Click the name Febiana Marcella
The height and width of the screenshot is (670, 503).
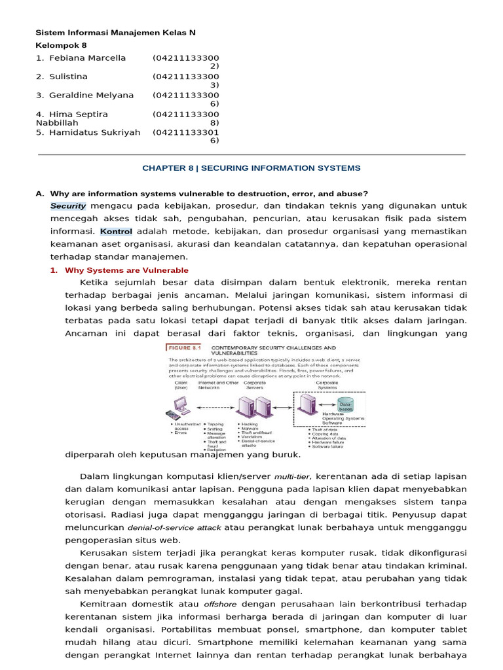[x=87, y=58]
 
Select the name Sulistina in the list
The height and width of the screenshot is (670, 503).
[x=68, y=77]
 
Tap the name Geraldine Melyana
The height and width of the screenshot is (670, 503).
[x=91, y=95]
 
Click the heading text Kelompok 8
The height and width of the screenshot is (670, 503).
[x=60, y=45]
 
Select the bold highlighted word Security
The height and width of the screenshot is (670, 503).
[x=68, y=205]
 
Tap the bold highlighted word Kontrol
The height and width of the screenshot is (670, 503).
[x=117, y=231]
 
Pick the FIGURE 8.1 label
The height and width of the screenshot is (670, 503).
[x=186, y=349]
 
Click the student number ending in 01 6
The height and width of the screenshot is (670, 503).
[x=186, y=135]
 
